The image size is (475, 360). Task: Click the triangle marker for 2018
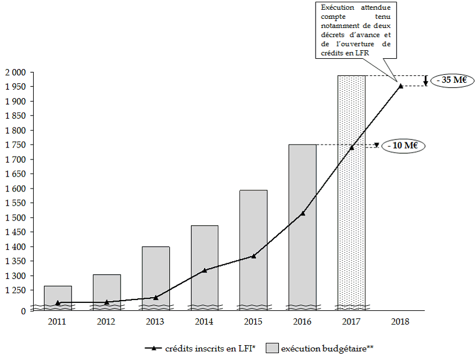click(401, 86)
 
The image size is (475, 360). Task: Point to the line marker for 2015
click(253, 256)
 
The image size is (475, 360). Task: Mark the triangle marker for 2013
click(156, 297)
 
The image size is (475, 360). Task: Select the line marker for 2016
click(302, 213)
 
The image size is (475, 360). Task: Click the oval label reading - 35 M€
click(451, 80)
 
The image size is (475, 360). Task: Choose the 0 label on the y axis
click(23, 311)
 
